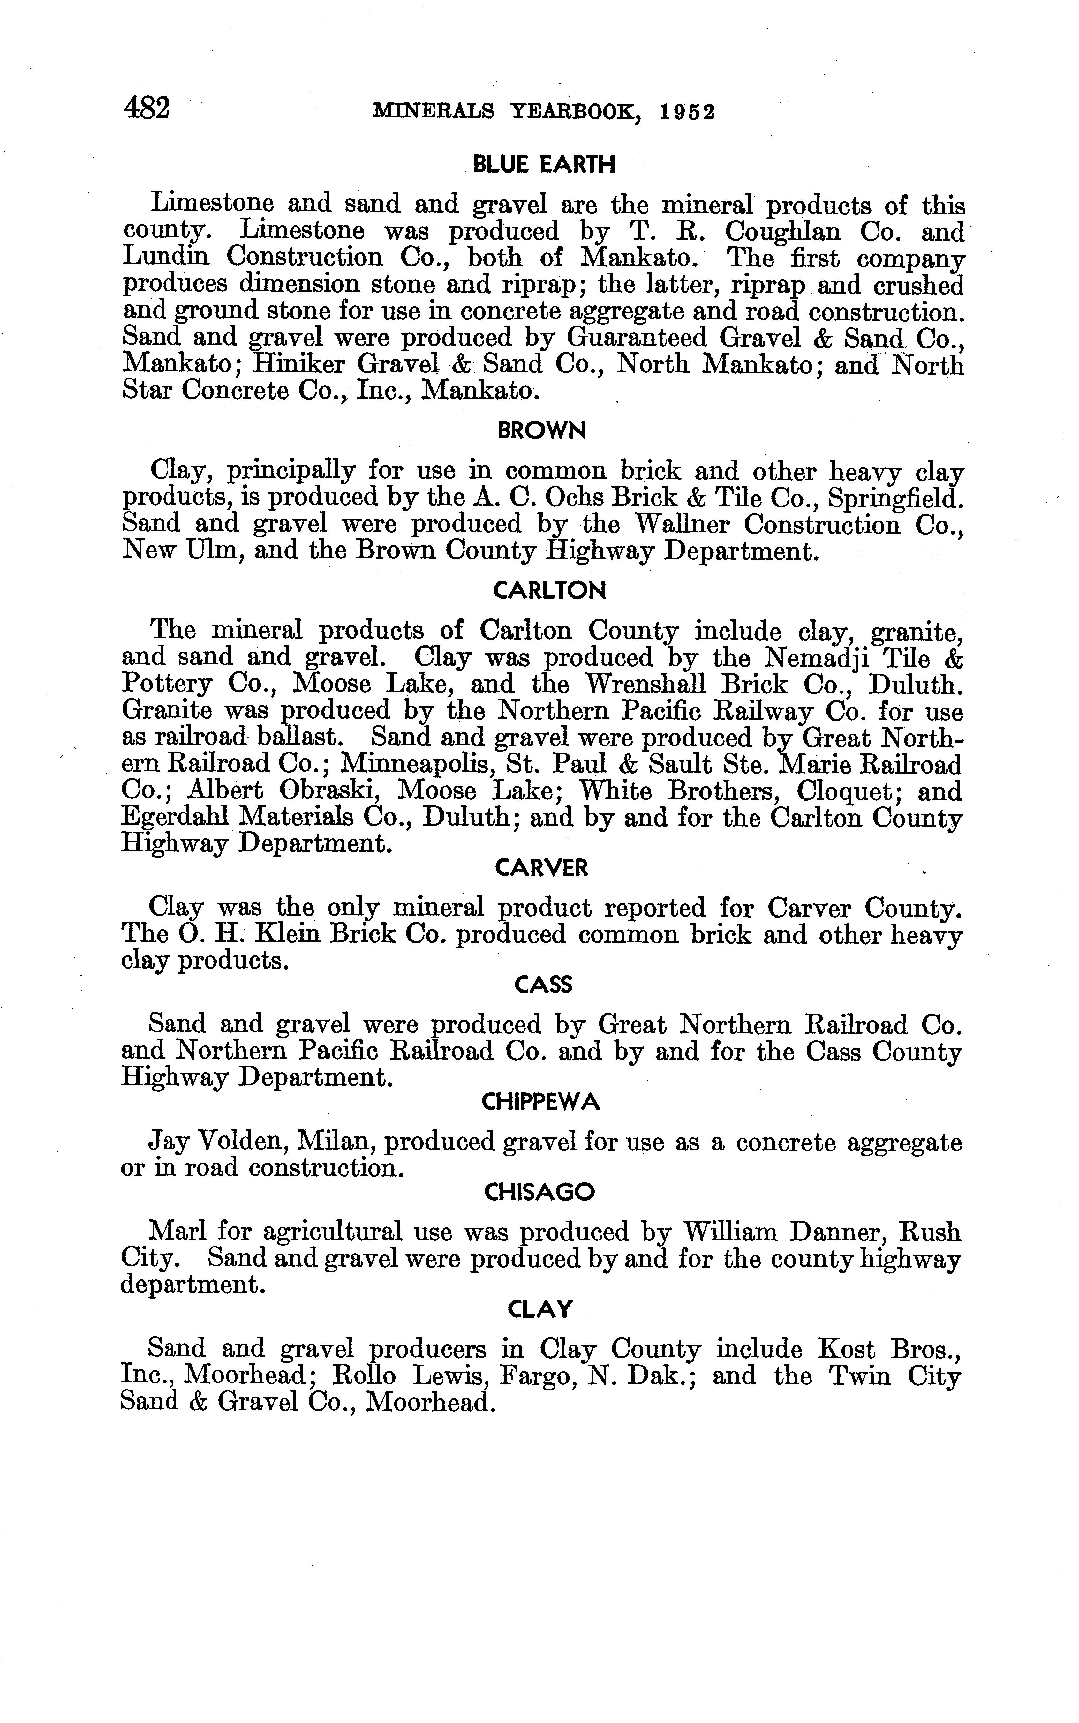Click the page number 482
pyautogui.click(x=147, y=109)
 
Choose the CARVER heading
pyautogui.click(x=542, y=868)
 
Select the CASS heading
pyautogui.click(x=543, y=985)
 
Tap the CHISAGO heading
pyautogui.click(x=539, y=1192)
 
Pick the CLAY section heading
pyautogui.click(x=540, y=1309)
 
